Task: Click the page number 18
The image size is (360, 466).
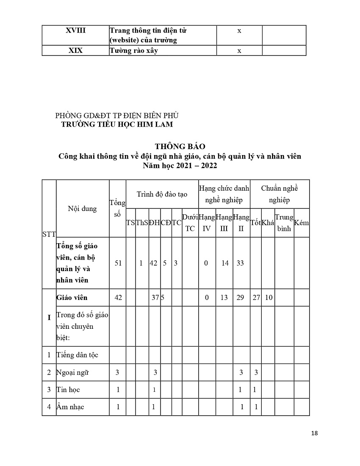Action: coord(314,433)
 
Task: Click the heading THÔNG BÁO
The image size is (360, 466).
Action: coord(180,147)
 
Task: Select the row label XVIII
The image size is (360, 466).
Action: coord(76,31)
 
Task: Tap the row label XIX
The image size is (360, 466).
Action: coord(76,51)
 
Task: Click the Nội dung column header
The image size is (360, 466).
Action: coord(82,208)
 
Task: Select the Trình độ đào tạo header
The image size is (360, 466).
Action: coord(162,194)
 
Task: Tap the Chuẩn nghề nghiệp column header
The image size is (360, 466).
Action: coord(280,194)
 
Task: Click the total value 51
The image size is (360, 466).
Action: coord(118,263)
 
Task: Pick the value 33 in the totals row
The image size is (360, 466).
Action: coord(240,263)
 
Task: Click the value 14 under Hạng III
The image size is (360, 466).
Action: coord(225,263)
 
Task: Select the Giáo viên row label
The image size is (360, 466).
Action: coord(72,297)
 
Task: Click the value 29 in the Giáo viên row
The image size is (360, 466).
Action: coord(240,297)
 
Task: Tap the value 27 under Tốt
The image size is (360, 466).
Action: coord(256,297)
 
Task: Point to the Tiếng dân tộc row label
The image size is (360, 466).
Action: coord(77,355)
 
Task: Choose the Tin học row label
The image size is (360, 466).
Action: coord(68,390)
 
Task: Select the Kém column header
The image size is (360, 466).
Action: coord(302,223)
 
